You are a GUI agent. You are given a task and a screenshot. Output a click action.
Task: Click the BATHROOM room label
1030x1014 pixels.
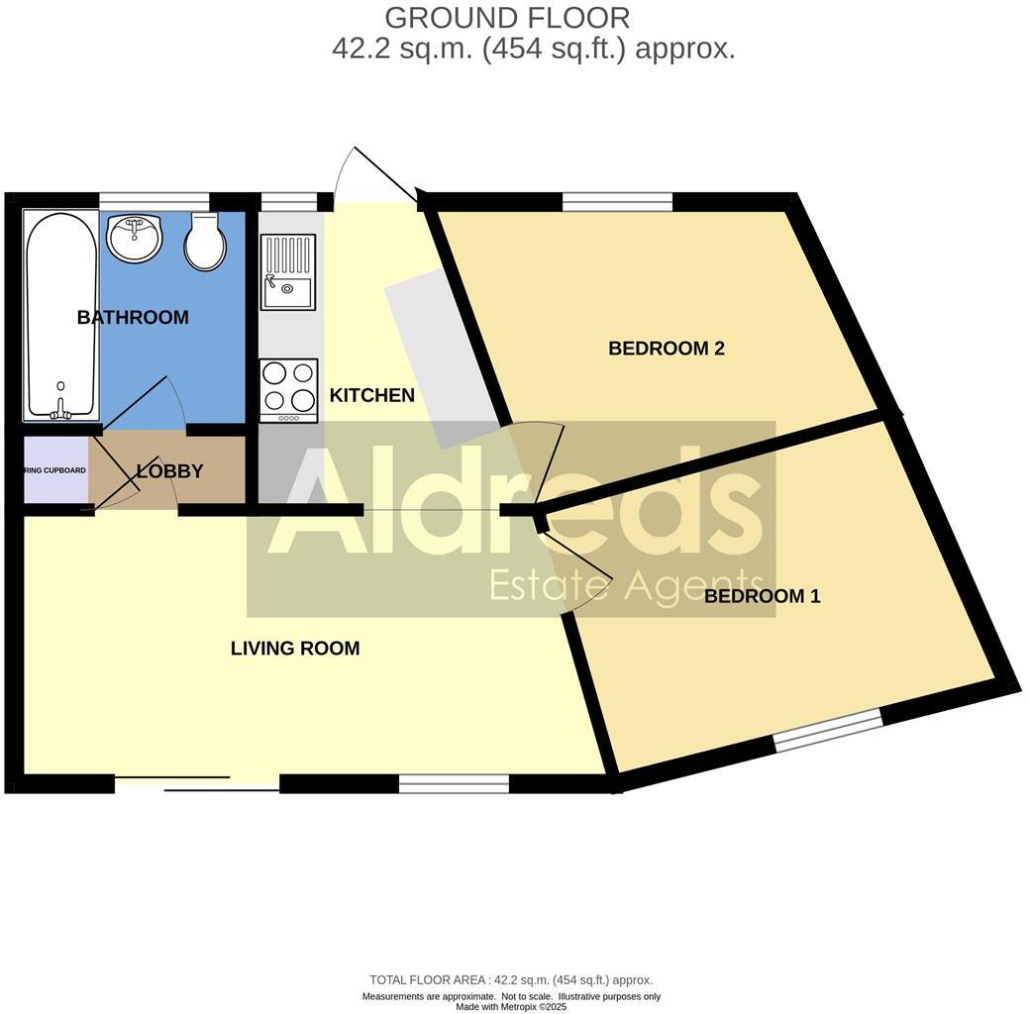133,318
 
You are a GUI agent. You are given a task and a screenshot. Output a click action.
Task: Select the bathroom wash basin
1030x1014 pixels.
134,239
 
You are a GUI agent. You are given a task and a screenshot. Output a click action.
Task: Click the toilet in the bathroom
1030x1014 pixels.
205,243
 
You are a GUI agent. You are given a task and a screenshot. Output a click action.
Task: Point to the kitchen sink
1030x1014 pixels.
287,272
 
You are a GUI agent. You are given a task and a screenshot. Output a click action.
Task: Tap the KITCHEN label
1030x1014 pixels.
371,396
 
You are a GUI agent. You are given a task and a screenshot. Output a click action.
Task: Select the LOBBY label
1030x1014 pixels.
170,471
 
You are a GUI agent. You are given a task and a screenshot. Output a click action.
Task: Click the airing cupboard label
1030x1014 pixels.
55,470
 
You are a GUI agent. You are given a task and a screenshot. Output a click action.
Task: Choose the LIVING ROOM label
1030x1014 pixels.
295,649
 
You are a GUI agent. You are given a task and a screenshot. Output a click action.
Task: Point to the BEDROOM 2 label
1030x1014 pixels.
667,349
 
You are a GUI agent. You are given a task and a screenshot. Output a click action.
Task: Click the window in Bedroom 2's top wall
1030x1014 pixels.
617,202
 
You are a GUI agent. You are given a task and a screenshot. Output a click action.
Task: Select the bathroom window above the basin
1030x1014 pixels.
154,201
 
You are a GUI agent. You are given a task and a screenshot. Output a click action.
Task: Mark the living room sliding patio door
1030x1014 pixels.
197,783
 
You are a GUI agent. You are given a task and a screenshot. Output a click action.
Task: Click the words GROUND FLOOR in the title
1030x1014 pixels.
506,18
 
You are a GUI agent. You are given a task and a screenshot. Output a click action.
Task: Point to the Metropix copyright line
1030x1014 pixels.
511,1007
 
